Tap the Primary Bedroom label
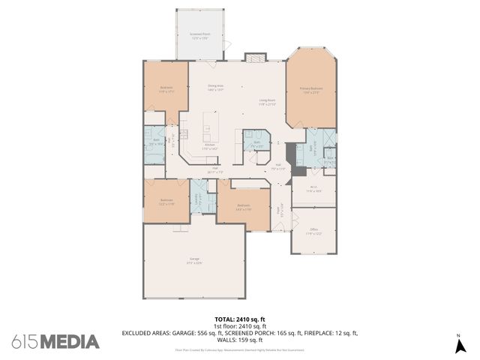click(x=310, y=90)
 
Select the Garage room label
click(x=194, y=263)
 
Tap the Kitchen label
click(x=200, y=146)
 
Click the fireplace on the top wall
click(x=254, y=58)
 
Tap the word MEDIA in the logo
click(x=70, y=342)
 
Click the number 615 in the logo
click(x=25, y=342)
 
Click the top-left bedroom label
click(x=166, y=89)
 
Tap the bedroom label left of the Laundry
click(x=166, y=201)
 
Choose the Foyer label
click(x=282, y=211)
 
